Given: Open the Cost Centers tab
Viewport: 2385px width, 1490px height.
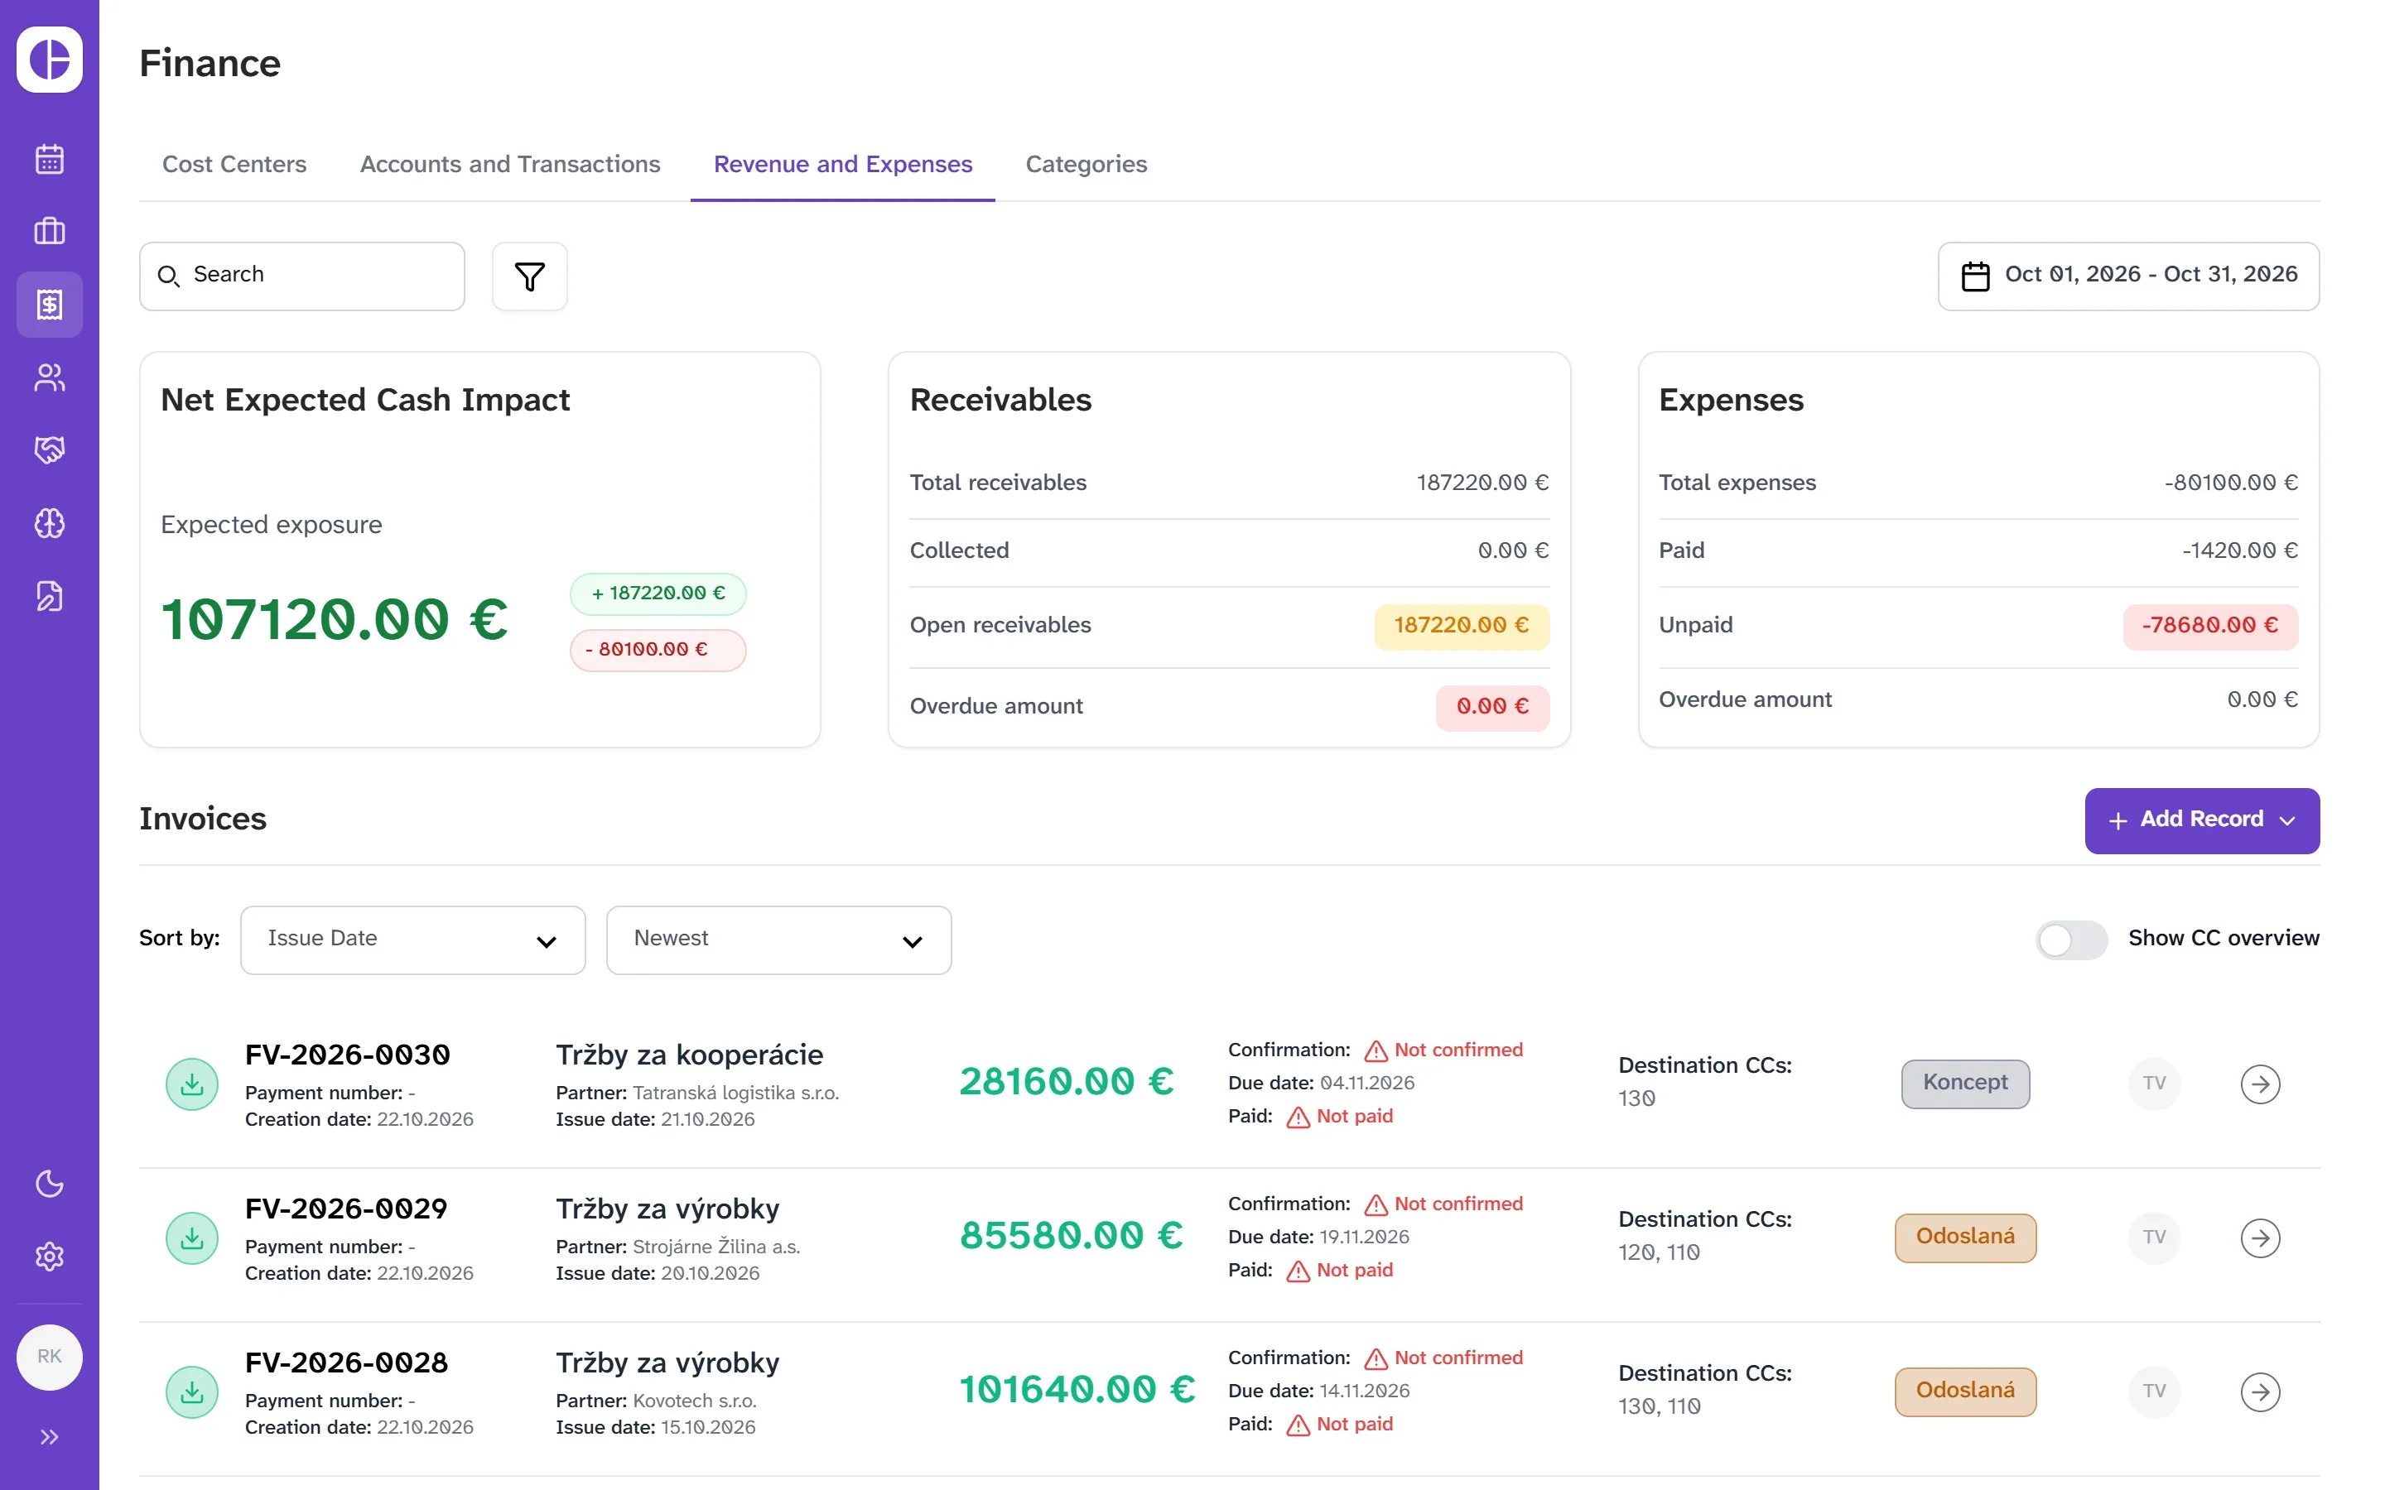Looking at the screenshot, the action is [x=234, y=164].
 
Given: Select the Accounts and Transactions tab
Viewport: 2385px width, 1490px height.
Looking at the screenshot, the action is [x=509, y=164].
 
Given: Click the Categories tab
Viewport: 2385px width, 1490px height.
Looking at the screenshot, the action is [x=1086, y=164].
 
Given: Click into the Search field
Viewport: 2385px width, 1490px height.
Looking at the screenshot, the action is [x=301, y=276].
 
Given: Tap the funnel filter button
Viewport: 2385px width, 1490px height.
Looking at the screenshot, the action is [x=529, y=276].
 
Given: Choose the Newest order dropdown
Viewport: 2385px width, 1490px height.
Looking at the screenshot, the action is [x=778, y=940].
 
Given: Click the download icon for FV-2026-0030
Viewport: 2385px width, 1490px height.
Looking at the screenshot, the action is [x=192, y=1084].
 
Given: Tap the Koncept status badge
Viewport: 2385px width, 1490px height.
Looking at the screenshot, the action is [x=1965, y=1083].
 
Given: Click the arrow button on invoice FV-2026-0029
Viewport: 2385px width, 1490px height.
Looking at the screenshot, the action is [x=2260, y=1238].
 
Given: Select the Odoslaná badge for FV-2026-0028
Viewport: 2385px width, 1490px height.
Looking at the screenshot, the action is [x=1965, y=1391].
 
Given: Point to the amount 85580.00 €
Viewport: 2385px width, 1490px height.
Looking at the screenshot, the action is [x=1072, y=1236].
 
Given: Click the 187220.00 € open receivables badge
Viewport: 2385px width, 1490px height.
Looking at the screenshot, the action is [x=1461, y=626].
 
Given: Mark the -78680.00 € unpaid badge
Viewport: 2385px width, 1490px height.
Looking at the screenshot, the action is [x=2209, y=626].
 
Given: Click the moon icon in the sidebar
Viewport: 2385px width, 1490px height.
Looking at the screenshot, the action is [x=50, y=1184].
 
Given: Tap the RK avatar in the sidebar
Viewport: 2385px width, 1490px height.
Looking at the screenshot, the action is [x=50, y=1357].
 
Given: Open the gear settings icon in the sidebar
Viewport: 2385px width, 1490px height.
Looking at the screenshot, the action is [x=50, y=1257].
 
